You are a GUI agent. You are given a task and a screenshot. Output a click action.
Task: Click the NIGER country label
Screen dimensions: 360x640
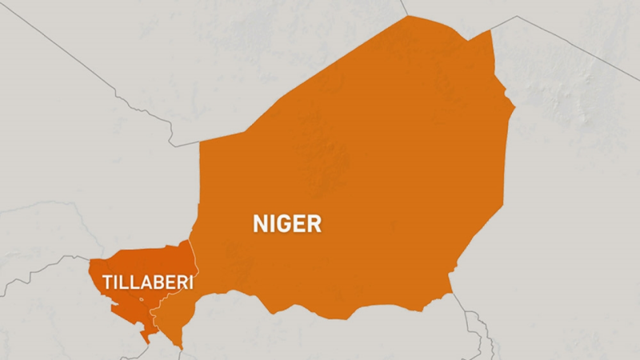coord(287,223)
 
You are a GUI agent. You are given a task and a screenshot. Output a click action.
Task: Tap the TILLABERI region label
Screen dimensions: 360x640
coord(148,282)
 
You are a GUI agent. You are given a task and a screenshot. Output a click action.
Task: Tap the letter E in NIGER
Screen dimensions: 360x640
coord(299,223)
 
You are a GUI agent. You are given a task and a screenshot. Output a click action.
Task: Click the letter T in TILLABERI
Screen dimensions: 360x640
coord(108,282)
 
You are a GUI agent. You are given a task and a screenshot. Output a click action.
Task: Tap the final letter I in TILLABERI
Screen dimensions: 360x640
coord(191,282)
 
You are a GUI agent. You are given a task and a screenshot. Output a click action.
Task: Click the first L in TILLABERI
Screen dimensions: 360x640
coord(122,282)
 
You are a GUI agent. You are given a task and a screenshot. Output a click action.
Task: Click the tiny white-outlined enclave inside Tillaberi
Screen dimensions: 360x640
coord(142,300)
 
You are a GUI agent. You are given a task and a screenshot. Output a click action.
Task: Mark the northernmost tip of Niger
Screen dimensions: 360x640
coord(409,16)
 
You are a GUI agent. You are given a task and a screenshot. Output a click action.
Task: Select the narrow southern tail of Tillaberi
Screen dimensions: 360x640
coord(145,338)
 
